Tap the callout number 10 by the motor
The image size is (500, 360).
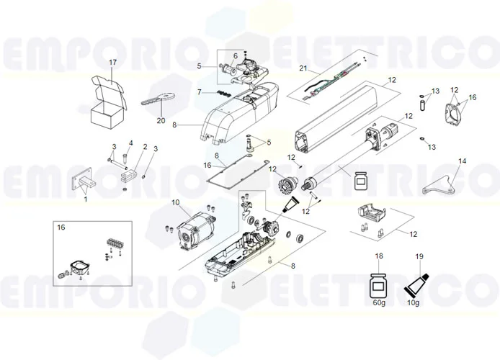click(x=175, y=203)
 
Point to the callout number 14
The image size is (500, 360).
click(x=462, y=161)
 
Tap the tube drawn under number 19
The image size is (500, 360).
click(x=419, y=283)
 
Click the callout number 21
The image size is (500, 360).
click(x=303, y=69)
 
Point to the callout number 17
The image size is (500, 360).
click(x=112, y=63)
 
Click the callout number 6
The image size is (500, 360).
click(x=234, y=56)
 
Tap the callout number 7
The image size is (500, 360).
click(x=200, y=92)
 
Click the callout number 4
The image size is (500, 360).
click(x=130, y=143)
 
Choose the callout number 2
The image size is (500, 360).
click(x=145, y=147)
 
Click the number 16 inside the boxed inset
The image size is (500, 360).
click(x=61, y=227)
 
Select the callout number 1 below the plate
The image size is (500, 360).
click(x=85, y=199)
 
